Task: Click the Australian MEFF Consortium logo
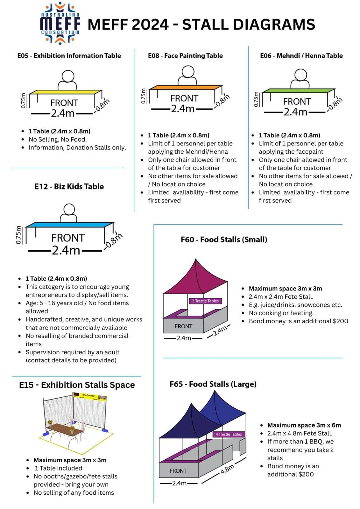pos(60,24)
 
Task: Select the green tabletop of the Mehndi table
pos(298,91)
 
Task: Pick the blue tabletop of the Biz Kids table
pos(68,225)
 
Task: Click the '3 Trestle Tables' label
pos(205,301)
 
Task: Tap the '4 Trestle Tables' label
pos(229,434)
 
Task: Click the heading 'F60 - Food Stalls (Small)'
pos(224,240)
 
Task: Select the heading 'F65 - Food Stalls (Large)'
pos(213,384)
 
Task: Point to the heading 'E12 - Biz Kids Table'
pos(69,186)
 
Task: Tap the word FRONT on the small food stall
pos(183,326)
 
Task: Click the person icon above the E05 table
pos(67,80)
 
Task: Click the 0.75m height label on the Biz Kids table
pos(18,235)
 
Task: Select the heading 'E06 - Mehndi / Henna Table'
pos(301,56)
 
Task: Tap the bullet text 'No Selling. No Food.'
pos(58,139)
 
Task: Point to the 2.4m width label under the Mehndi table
pos(295,112)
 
